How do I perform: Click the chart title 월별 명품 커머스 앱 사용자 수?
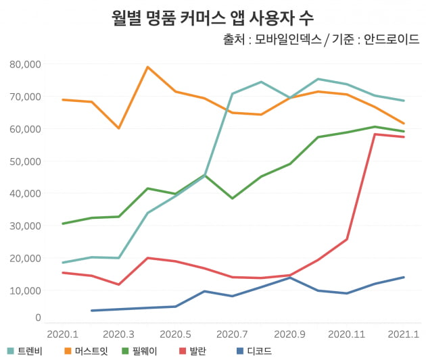tap(212, 17)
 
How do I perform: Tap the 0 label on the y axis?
tap(39, 317)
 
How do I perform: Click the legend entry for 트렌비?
tap(26, 351)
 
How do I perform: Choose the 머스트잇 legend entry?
tap(86, 351)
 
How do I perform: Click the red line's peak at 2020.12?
tap(375, 134)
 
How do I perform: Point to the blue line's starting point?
tap(91, 311)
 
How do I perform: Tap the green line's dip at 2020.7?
tap(233, 198)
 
